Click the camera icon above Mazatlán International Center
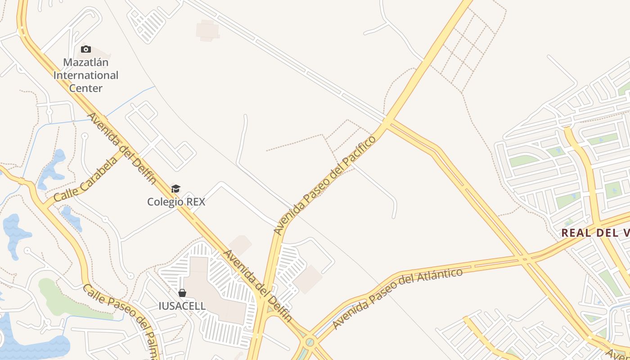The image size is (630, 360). pyautogui.click(x=86, y=49)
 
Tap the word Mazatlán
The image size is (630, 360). pyautogui.click(x=85, y=62)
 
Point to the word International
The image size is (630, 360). pyautogui.click(x=85, y=75)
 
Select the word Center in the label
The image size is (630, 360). pyautogui.click(x=85, y=88)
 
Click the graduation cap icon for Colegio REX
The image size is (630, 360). pyautogui.click(x=175, y=189)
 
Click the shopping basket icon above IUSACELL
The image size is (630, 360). pyautogui.click(x=182, y=293)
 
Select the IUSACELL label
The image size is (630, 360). pyautogui.click(x=182, y=306)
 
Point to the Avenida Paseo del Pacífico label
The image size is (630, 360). pyautogui.click(x=324, y=185)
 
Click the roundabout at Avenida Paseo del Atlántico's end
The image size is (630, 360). pyautogui.click(x=310, y=342)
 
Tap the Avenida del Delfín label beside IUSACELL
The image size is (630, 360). pyautogui.click(x=258, y=285)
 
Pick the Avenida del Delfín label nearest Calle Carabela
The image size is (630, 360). pyautogui.click(x=121, y=148)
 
